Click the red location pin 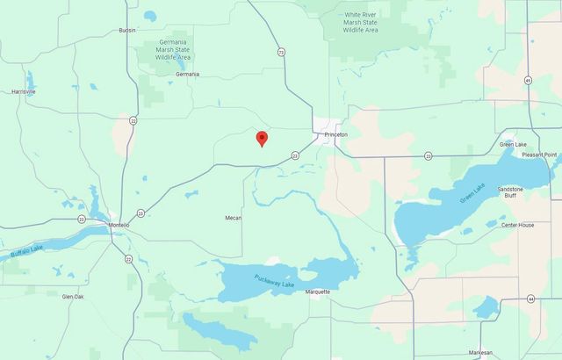tap(261, 139)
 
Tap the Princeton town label tap(336, 134)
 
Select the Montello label tap(119, 226)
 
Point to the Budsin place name tap(127, 30)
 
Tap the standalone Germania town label tap(187, 74)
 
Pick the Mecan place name tap(233, 217)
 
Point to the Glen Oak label tap(73, 297)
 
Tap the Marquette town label tap(317, 292)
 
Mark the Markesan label tap(505, 352)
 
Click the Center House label tap(517, 225)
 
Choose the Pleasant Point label tap(539, 155)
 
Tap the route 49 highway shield tap(528, 80)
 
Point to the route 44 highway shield tap(530, 299)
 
